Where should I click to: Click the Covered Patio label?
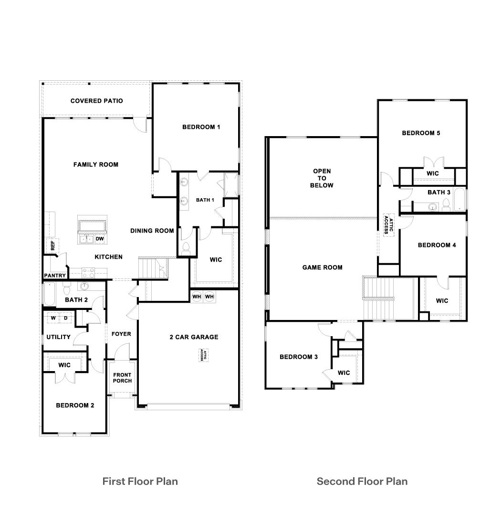click(x=96, y=101)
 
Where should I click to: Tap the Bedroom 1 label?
click(x=201, y=127)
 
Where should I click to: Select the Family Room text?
click(x=95, y=164)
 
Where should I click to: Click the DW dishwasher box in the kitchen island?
click(x=100, y=238)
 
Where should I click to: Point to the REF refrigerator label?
click(x=52, y=245)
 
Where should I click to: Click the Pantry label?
click(x=54, y=276)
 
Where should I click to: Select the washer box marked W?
click(x=53, y=318)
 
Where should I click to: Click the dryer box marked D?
click(x=66, y=318)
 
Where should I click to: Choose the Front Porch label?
click(x=122, y=378)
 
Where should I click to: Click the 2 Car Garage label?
click(x=194, y=337)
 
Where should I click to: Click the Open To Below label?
click(x=322, y=178)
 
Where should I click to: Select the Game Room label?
click(x=322, y=267)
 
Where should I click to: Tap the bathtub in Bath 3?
click(x=459, y=200)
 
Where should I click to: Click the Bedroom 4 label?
click(x=437, y=245)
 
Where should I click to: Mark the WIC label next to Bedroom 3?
click(x=344, y=373)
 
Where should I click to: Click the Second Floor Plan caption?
click(x=362, y=481)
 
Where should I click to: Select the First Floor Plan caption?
click(x=140, y=481)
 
